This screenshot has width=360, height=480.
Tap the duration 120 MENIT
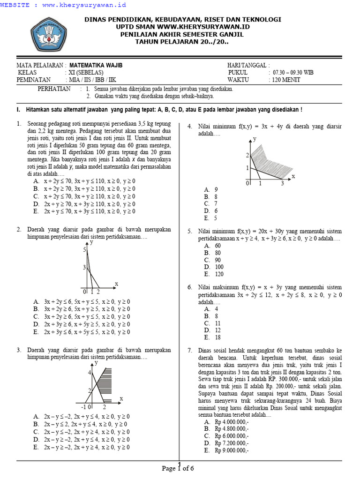[x=286, y=80]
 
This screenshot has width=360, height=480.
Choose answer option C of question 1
[x=84, y=196]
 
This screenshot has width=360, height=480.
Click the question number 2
[x=19, y=230]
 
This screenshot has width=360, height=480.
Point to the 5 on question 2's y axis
[x=85, y=250]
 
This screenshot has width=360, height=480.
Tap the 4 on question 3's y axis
[x=89, y=372]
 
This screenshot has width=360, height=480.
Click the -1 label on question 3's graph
[x=83, y=407]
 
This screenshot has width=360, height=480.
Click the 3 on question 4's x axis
[x=282, y=184]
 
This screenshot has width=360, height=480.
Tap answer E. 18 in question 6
[x=212, y=337]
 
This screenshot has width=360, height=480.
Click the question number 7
[x=189, y=350]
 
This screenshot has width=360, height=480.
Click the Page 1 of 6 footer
[x=178, y=468]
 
